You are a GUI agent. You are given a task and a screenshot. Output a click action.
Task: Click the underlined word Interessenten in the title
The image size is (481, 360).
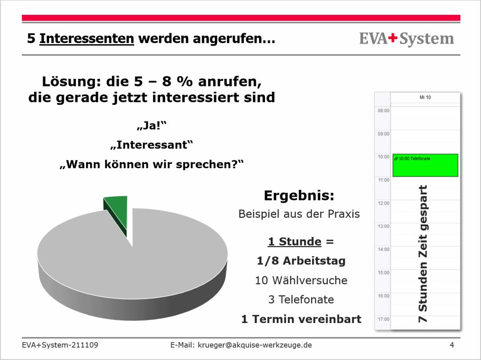(87, 38)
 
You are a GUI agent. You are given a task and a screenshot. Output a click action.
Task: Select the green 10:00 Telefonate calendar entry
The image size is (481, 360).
(425, 165)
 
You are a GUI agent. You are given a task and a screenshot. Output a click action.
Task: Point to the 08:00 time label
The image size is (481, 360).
(383, 111)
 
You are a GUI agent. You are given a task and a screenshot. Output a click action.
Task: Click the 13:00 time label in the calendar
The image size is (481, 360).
(383, 226)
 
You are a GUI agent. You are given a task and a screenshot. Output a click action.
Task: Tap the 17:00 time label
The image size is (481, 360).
(383, 319)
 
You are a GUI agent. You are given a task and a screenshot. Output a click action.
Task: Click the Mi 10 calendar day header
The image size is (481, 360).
(425, 97)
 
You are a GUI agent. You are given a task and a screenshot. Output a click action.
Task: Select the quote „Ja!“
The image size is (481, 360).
(152, 126)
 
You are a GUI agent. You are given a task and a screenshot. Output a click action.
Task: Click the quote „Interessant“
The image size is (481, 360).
(152, 145)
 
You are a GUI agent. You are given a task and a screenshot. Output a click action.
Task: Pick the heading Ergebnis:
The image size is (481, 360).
(299, 196)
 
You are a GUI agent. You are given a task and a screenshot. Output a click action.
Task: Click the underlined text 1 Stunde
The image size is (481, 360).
(294, 241)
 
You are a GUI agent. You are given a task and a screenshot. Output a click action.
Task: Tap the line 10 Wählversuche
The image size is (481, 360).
(301, 280)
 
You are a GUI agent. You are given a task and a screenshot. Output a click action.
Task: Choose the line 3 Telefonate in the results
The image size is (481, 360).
(301, 299)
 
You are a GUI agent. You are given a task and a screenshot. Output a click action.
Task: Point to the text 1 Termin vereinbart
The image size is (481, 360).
(301, 319)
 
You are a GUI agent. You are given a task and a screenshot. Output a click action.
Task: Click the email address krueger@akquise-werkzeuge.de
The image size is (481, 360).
(255, 345)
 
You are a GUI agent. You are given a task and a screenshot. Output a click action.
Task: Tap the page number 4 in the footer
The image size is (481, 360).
(452, 345)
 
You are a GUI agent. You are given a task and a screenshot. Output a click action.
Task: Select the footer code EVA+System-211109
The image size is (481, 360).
(60, 345)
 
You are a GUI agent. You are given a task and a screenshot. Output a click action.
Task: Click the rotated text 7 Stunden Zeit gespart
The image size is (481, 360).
(423, 254)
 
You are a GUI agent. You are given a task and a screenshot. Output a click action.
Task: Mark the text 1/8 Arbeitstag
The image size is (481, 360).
(301, 261)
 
